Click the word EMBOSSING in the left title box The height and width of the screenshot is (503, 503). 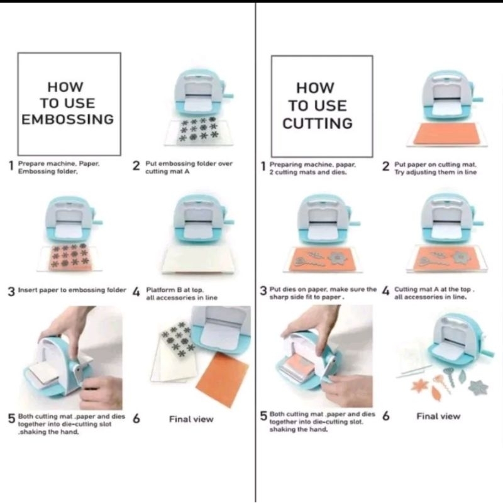click(68, 119)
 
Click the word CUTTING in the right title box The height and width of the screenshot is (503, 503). click(318, 123)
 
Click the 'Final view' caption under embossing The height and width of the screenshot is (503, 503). click(191, 419)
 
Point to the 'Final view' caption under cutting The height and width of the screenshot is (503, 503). click(438, 416)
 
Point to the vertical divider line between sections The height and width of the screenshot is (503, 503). click(255, 251)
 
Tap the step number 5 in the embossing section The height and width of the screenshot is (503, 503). click(11, 419)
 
